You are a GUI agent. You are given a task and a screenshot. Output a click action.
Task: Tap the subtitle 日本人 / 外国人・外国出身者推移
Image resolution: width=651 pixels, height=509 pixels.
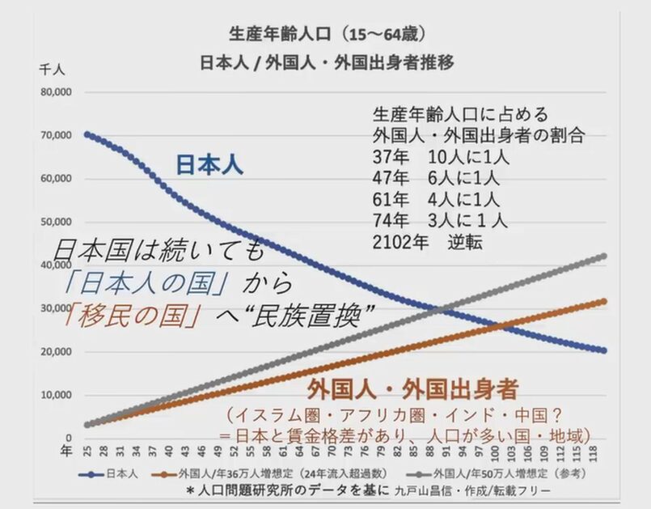[x=323, y=63]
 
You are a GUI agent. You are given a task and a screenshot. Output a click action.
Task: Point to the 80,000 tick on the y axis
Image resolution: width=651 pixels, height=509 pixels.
[x=56, y=91]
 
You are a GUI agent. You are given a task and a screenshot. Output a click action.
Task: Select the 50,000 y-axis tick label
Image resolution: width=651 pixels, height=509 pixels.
[x=56, y=222]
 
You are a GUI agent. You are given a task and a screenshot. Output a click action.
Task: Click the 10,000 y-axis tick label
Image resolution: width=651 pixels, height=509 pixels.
[x=56, y=396]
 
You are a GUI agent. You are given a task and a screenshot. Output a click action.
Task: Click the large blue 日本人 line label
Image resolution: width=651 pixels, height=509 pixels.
[x=209, y=164]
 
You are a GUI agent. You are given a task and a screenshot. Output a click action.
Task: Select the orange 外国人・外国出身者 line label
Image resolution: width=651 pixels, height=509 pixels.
[x=412, y=389]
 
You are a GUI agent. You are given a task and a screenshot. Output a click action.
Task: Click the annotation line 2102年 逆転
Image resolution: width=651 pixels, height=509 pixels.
[x=427, y=240]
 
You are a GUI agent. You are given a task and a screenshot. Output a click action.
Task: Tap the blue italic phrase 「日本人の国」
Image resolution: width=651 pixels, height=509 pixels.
[x=144, y=283]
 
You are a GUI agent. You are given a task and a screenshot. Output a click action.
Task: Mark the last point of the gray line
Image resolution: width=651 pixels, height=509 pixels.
[x=602, y=257]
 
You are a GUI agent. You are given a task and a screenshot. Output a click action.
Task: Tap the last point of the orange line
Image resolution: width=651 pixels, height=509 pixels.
[x=602, y=302]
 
